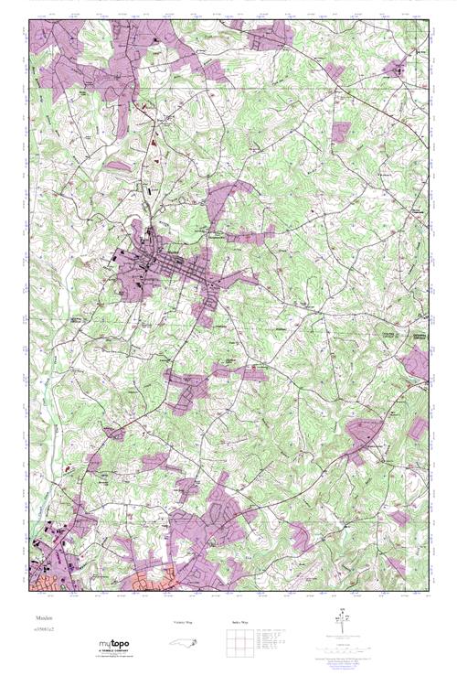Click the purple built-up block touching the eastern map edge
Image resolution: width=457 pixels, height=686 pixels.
point(417,362)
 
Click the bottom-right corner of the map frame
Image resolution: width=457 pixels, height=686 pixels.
point(428,592)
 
